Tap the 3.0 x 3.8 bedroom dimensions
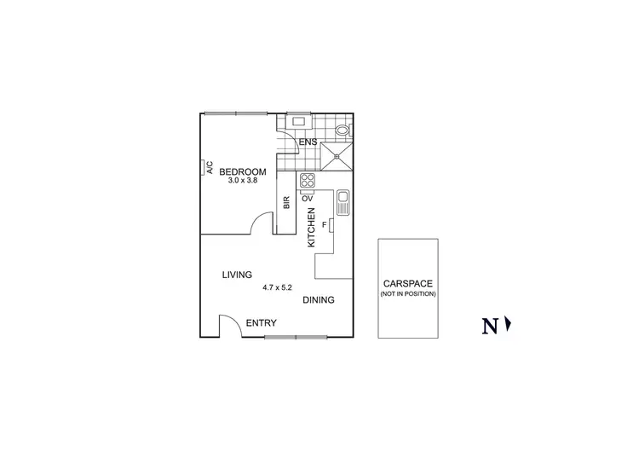tap(243, 180)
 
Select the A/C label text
tap(210, 169)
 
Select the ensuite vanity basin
tap(300, 120)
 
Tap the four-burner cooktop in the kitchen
tap(307, 180)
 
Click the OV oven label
tap(307, 198)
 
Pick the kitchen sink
tap(343, 202)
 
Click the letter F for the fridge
tap(324, 224)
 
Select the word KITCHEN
tap(312, 228)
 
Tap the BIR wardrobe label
tap(286, 203)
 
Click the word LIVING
tap(237, 275)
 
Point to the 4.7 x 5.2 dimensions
tap(277, 287)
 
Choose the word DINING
tap(318, 300)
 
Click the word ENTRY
tap(261, 323)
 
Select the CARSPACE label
tap(408, 284)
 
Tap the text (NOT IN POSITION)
tap(408, 294)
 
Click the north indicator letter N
tap(490, 325)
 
